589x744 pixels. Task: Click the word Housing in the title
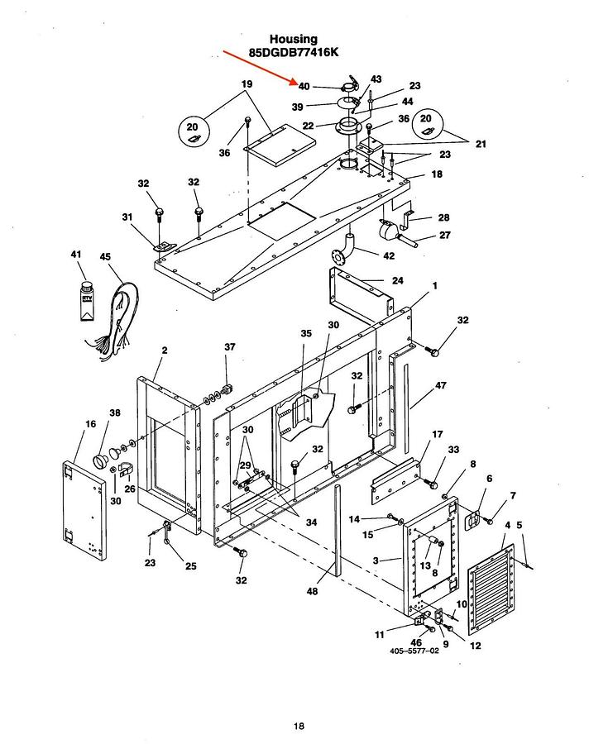[x=293, y=40]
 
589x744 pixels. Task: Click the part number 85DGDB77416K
[x=294, y=52]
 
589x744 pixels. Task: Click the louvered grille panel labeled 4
[x=491, y=589]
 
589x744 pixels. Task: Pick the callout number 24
[x=398, y=280]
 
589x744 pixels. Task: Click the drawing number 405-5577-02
[x=414, y=651]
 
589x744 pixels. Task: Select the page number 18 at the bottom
[x=299, y=726]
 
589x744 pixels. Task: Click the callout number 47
[x=441, y=385]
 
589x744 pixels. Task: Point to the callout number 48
[x=312, y=591]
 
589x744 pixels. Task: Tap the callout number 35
[x=306, y=333]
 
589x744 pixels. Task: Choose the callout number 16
[x=91, y=424]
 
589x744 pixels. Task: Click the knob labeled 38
[x=100, y=460]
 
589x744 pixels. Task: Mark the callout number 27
[x=444, y=235]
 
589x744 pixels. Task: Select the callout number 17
[x=438, y=434]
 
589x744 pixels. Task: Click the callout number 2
[x=165, y=351]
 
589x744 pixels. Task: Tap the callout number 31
[x=127, y=217]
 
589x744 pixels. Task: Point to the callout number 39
[x=297, y=107]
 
